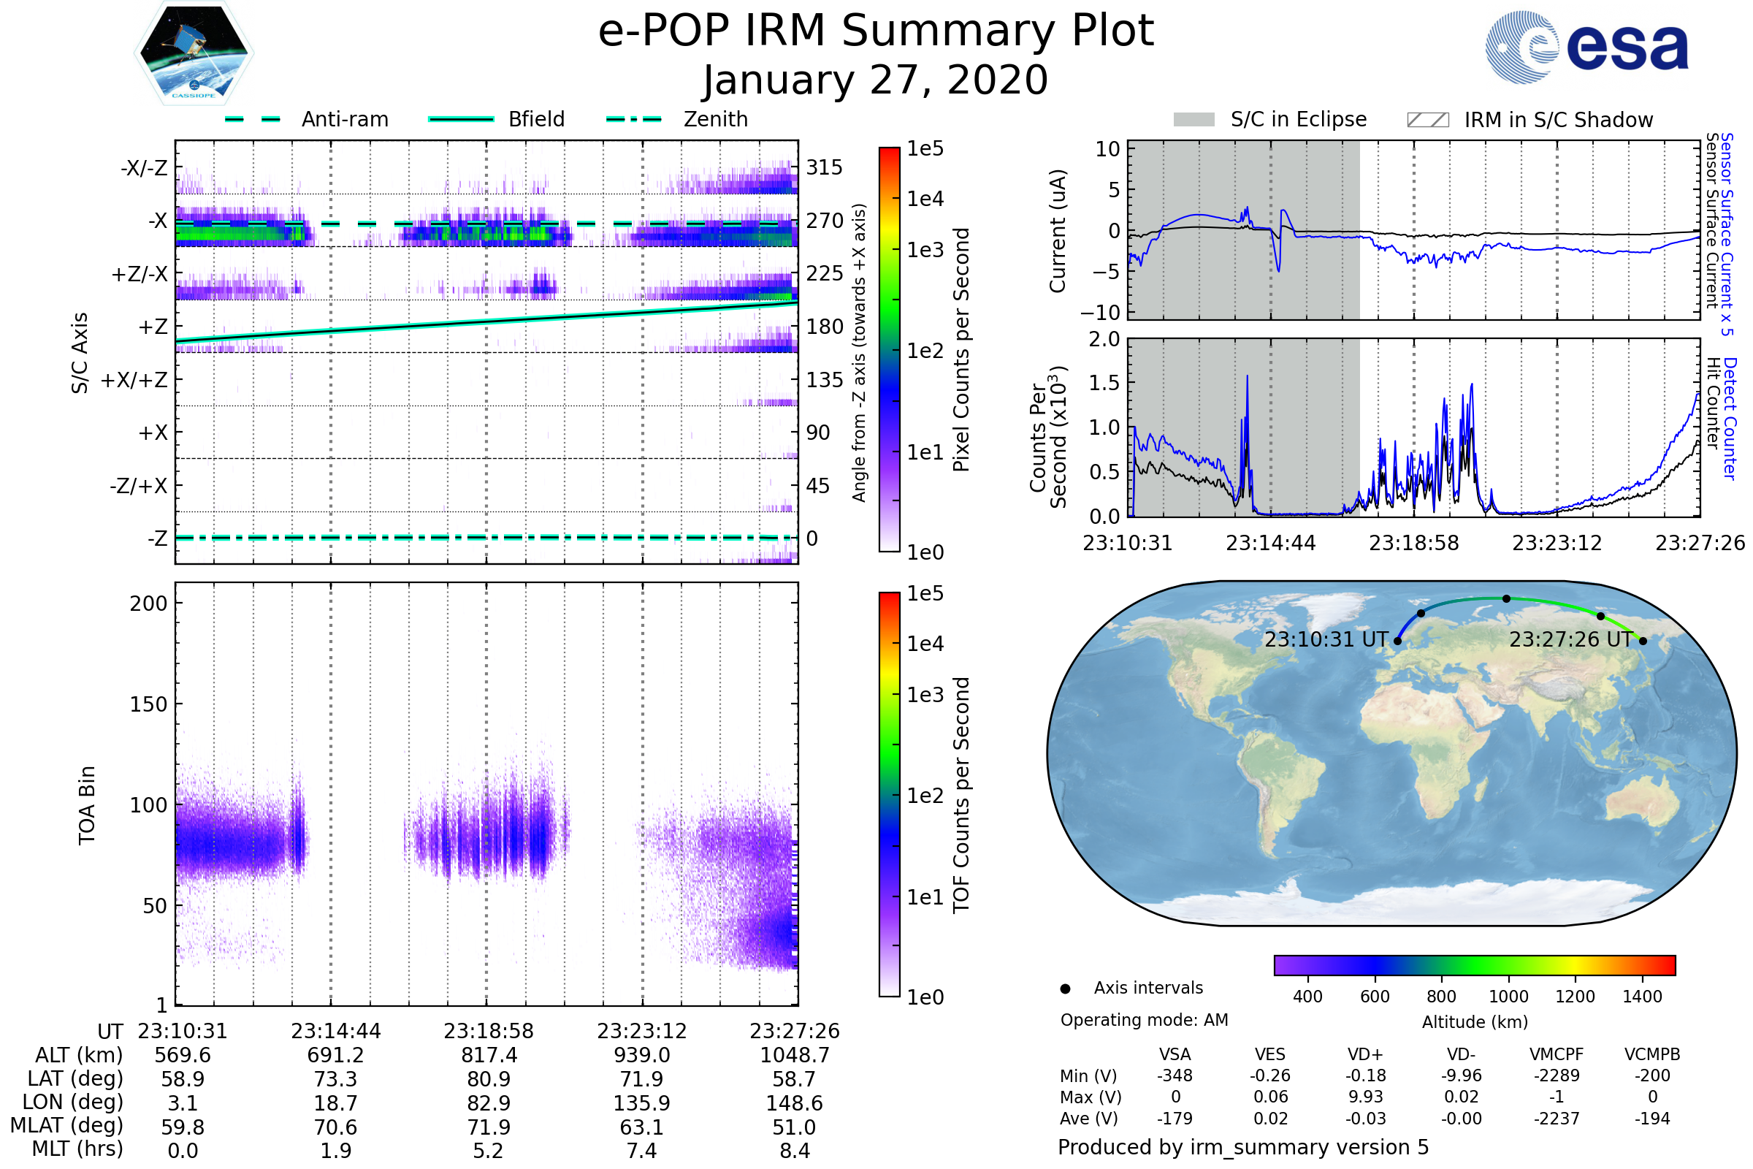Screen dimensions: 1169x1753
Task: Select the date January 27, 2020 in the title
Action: pyautogui.click(x=876, y=80)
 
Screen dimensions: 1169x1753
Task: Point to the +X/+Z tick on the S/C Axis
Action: pyautogui.click(x=134, y=380)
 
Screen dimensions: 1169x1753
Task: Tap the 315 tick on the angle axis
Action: pyautogui.click(x=824, y=167)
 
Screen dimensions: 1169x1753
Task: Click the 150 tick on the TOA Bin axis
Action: pyautogui.click(x=148, y=704)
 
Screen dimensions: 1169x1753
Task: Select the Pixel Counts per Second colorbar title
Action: pyautogui.click(x=961, y=349)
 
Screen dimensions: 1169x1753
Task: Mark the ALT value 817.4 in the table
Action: pyautogui.click(x=489, y=1055)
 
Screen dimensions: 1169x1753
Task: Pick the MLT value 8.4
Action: pyautogui.click(x=795, y=1150)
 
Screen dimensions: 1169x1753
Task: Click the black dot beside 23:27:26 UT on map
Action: pyautogui.click(x=1643, y=641)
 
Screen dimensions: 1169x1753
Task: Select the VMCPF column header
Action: pyautogui.click(x=1557, y=1054)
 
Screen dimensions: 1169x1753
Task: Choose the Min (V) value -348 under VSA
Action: pyautogui.click(x=1175, y=1075)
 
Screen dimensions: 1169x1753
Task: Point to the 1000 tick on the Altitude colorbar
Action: pyautogui.click(x=1508, y=997)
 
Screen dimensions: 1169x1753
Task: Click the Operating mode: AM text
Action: pyautogui.click(x=1144, y=1020)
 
